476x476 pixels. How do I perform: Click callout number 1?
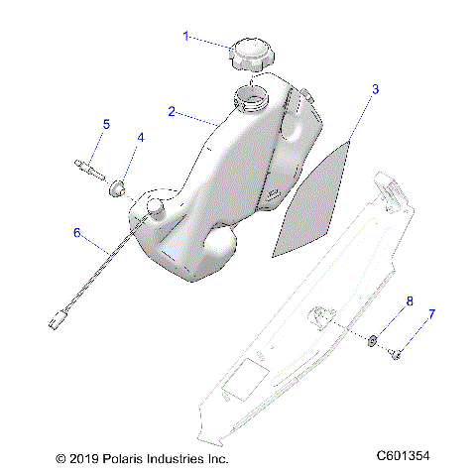point(184,37)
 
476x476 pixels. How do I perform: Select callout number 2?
point(172,112)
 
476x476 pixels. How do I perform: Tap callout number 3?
point(375,90)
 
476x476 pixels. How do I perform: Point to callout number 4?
point(140,138)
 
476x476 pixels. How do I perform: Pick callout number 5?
point(106,124)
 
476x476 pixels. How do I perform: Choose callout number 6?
point(76,233)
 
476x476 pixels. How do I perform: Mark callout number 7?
point(430,315)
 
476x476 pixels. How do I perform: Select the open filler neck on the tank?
point(251,98)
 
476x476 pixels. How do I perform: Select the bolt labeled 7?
point(395,351)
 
